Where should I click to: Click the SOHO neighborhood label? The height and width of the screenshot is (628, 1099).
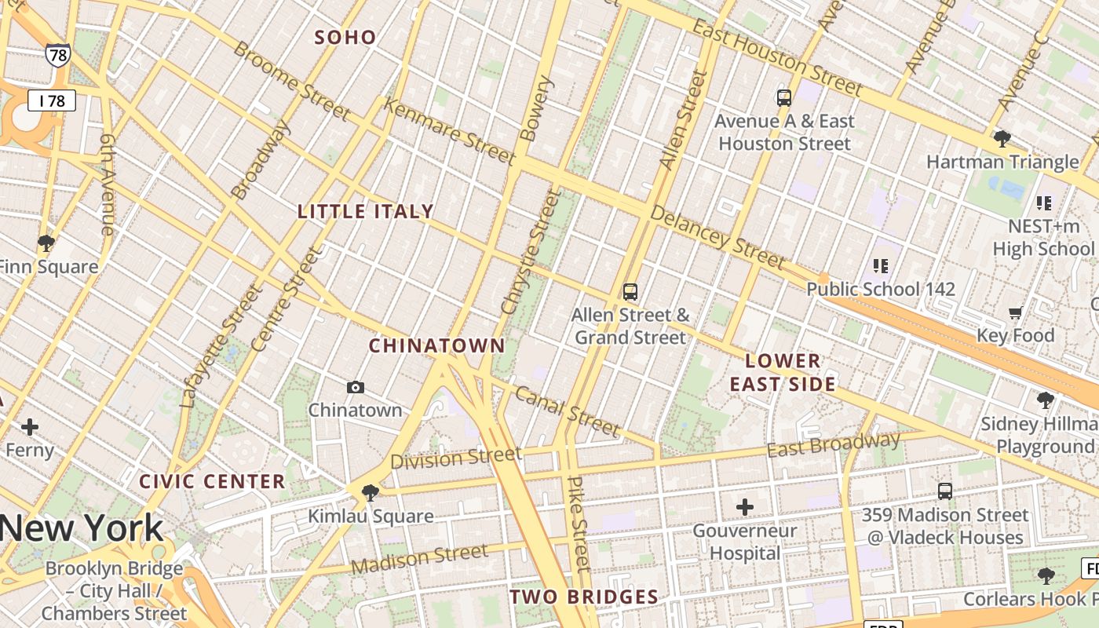pos(345,37)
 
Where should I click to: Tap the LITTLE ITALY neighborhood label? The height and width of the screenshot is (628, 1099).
pos(366,211)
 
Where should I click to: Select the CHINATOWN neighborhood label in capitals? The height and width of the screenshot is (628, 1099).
pos(437,345)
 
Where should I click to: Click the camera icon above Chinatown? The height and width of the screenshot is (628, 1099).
pos(356,387)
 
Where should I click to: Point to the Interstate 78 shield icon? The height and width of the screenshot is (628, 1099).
pos(57,54)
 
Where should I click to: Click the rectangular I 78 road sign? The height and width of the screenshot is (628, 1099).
pos(52,100)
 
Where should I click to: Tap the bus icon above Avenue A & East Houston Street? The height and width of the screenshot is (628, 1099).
pos(784,98)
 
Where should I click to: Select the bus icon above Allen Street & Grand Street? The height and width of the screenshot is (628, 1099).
pos(630,292)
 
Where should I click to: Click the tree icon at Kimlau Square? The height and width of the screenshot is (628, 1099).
pos(371,493)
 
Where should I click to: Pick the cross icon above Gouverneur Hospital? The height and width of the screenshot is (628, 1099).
pos(745,507)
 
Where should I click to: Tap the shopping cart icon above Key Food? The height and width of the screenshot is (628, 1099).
pos(1015,313)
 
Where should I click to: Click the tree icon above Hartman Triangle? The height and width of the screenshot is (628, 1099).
pos(1002,140)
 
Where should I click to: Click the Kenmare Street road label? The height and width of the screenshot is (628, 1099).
pos(449,131)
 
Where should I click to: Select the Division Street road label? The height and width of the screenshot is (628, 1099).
pos(456,458)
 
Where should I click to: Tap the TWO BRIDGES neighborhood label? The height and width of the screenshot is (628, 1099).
pos(584,597)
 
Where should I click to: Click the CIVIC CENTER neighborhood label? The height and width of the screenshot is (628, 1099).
pos(212,481)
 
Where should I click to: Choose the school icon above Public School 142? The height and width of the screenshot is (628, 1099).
pos(881,266)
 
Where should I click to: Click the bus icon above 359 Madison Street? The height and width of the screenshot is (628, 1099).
pos(945,491)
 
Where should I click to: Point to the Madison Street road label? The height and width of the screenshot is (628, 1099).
pos(419,559)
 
